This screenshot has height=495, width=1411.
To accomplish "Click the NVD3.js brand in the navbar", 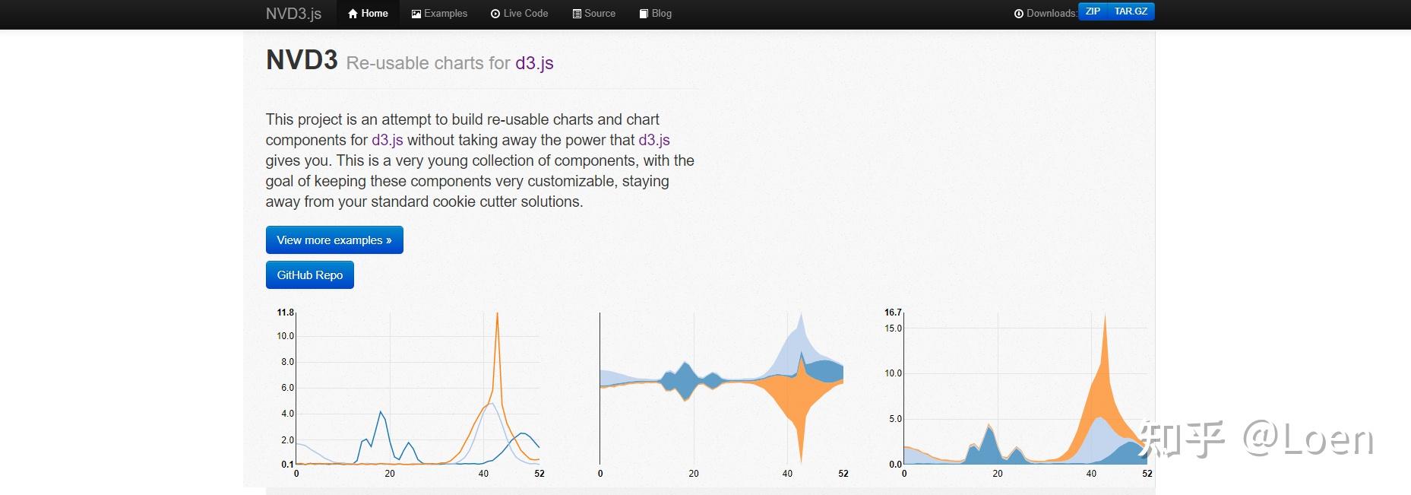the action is pyautogui.click(x=293, y=14).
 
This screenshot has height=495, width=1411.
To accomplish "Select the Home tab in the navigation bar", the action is pyautogui.click(x=368, y=14).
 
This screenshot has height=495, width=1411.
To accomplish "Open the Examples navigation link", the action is pyautogui.click(x=439, y=14).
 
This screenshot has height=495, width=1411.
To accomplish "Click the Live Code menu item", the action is pyautogui.click(x=519, y=14).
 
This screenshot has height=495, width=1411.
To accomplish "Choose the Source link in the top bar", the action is pyautogui.click(x=593, y=14).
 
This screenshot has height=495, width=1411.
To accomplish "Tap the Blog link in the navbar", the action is pyautogui.click(x=655, y=14).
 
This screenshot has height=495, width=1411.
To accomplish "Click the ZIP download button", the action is pyautogui.click(x=1093, y=11).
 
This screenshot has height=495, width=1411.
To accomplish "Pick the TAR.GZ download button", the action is pyautogui.click(x=1131, y=11).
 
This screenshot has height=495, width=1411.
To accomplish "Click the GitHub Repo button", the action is pyautogui.click(x=310, y=275).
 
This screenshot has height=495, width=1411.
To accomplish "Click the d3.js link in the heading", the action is pyautogui.click(x=534, y=63).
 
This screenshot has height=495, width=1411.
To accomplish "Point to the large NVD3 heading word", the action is pyautogui.click(x=302, y=59).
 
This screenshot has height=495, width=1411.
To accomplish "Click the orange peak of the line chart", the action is pyautogui.click(x=497, y=314).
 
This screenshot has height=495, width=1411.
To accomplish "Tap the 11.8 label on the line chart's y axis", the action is pyautogui.click(x=285, y=313).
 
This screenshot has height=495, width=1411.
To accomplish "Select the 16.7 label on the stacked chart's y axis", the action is pyautogui.click(x=893, y=313).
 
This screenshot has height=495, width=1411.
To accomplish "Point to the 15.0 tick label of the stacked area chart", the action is pyautogui.click(x=894, y=328).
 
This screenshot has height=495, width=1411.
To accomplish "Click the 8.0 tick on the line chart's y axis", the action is pyautogui.click(x=287, y=362).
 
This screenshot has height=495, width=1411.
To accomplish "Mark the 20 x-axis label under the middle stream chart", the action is pyautogui.click(x=694, y=473).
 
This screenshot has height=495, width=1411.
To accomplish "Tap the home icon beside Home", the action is pyautogui.click(x=353, y=14).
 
